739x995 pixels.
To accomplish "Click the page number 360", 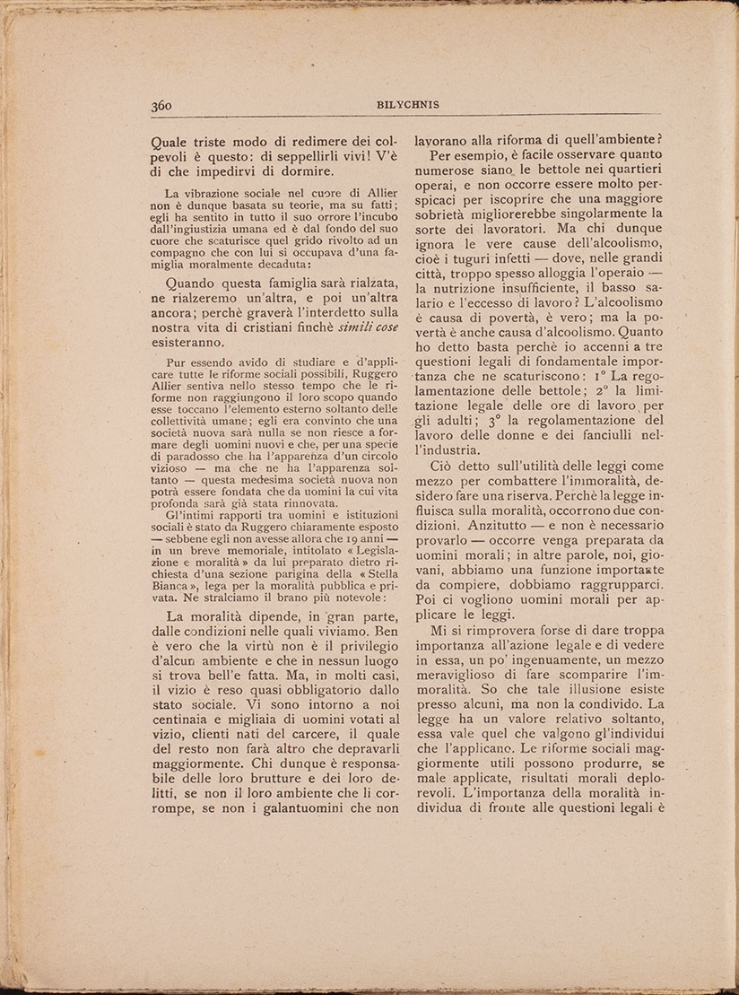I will click(x=161, y=105).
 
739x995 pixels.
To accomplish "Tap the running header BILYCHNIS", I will click(x=408, y=105).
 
